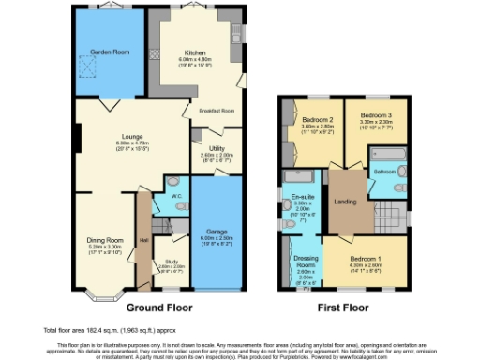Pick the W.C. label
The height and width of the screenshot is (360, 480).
click(175, 196)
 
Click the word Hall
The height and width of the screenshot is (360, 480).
click(143, 240)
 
